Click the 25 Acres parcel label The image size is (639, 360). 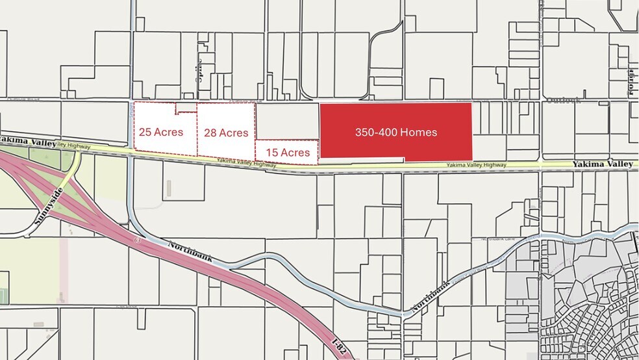[x=161, y=132]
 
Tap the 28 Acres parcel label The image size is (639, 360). [x=226, y=133]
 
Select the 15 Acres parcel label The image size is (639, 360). [x=288, y=153]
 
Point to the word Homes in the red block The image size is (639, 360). [x=418, y=132]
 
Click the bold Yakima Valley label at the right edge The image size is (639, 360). [x=603, y=164]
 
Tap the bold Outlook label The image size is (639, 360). [x=563, y=100]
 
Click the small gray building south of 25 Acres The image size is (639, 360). [x=169, y=188]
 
